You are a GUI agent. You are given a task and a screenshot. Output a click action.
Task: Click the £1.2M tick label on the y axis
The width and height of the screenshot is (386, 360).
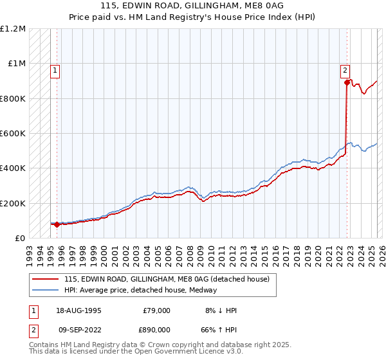(13, 29)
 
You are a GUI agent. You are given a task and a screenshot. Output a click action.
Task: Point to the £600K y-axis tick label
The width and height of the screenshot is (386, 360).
(12, 134)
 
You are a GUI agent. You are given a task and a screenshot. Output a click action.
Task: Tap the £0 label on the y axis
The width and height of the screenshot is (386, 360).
(21, 239)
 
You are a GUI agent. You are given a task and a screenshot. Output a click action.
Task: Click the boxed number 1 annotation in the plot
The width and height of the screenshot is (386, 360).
(55, 71)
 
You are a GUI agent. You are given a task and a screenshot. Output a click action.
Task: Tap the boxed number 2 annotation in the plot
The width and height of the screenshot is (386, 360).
(345, 71)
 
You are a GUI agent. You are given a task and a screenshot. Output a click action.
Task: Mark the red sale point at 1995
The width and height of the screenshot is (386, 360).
(57, 224)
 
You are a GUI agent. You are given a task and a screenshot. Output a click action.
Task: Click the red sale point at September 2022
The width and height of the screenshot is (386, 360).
(347, 82)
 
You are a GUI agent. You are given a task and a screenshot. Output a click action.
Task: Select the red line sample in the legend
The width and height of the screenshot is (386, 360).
(46, 278)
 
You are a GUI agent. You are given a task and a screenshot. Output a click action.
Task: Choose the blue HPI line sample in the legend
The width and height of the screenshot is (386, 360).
(46, 289)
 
